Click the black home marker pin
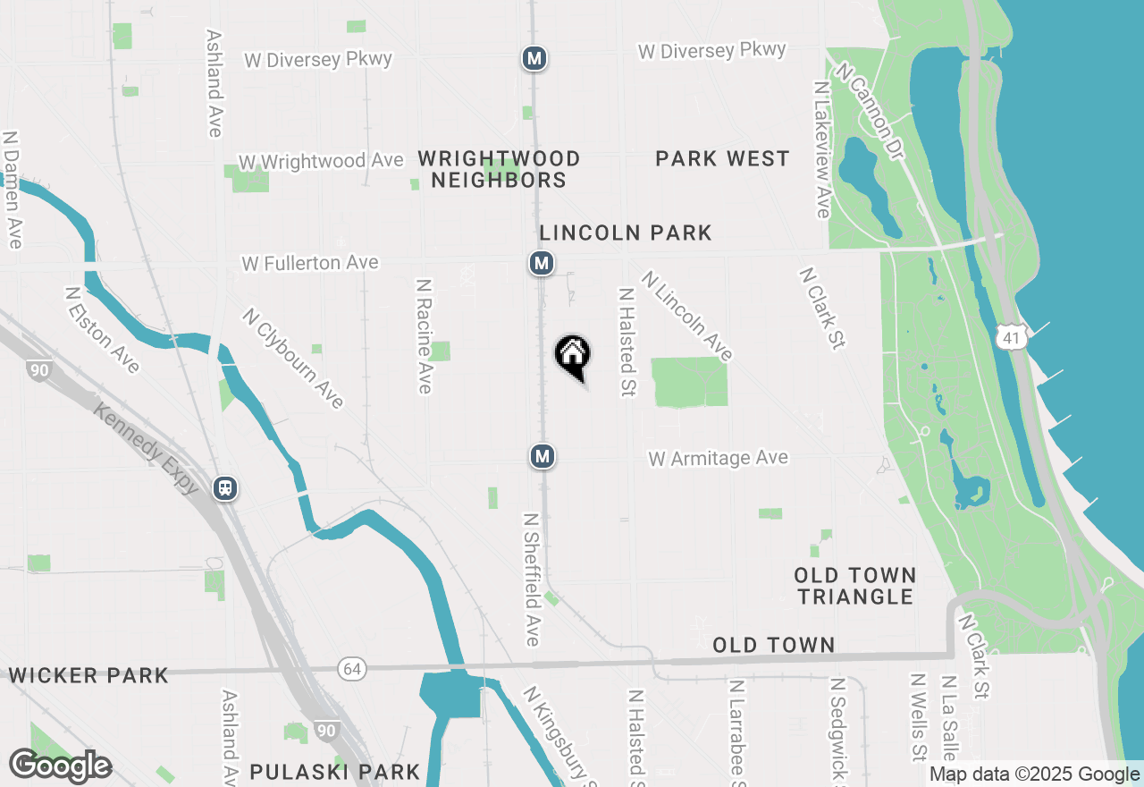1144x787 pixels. point(573,356)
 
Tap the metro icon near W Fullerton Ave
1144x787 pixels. point(541,263)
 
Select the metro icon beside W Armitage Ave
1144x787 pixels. point(542,456)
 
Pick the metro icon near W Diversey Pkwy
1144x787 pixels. point(534,59)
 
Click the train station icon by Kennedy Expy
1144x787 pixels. point(225,488)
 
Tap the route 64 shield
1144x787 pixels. point(352,668)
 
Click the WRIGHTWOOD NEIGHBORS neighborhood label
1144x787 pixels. point(499,169)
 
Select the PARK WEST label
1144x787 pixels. point(722,159)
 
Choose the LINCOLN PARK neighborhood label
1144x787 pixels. point(626,233)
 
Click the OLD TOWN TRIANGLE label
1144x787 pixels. point(855,586)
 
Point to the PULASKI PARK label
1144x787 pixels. point(334,771)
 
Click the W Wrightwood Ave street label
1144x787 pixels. point(321,162)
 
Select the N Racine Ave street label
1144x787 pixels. point(424,335)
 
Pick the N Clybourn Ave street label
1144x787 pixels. point(293,358)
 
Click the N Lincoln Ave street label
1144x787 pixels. point(687,317)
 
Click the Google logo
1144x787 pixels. point(60,766)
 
